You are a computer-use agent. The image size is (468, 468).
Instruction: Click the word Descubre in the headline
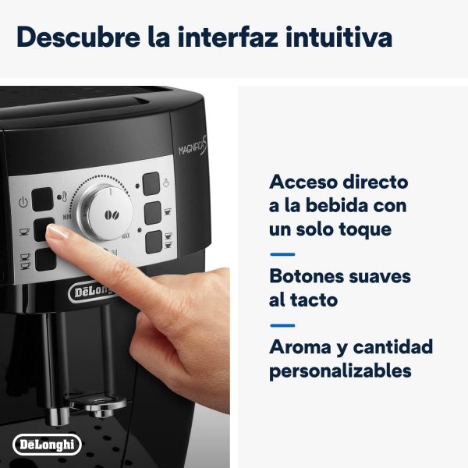click(78, 37)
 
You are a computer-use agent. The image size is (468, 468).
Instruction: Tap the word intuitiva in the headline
click(339, 37)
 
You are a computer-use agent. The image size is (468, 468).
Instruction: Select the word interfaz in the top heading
click(228, 37)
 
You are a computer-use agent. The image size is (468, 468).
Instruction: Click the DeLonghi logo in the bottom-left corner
click(47, 445)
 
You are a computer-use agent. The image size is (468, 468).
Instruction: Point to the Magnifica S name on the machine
click(193, 146)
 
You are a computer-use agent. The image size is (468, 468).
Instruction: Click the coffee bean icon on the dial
click(112, 214)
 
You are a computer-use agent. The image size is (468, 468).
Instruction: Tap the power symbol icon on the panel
click(23, 202)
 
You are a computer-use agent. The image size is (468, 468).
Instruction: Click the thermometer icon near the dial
click(64, 197)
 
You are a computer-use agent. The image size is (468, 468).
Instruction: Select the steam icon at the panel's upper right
click(166, 182)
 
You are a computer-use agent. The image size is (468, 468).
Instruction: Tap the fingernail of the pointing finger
click(57, 232)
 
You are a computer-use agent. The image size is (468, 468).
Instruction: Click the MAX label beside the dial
click(126, 236)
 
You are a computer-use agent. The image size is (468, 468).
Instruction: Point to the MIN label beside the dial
click(67, 216)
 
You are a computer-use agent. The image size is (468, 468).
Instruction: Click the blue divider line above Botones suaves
click(282, 254)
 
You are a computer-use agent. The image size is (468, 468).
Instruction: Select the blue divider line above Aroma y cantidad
click(282, 325)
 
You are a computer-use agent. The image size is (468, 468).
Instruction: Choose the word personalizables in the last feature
click(340, 371)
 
